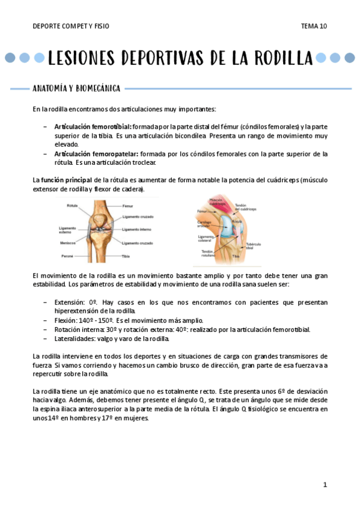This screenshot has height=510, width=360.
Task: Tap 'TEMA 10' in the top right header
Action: [314, 26]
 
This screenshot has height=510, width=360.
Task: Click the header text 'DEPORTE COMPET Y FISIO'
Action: [71, 26]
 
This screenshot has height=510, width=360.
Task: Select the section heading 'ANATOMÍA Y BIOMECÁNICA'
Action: [76, 89]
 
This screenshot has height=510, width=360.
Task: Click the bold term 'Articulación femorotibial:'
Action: [93, 127]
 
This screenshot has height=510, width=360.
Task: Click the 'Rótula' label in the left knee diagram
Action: [73, 206]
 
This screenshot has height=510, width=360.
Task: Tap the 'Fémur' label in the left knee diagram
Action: [128, 206]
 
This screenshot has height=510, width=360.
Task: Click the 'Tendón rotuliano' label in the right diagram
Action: [207, 253]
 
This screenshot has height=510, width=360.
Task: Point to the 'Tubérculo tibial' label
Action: [252, 247]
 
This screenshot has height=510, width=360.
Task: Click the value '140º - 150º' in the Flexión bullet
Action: [91, 320]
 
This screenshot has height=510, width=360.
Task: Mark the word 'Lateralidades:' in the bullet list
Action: [75, 338]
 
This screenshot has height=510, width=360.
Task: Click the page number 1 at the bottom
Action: [325, 485]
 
